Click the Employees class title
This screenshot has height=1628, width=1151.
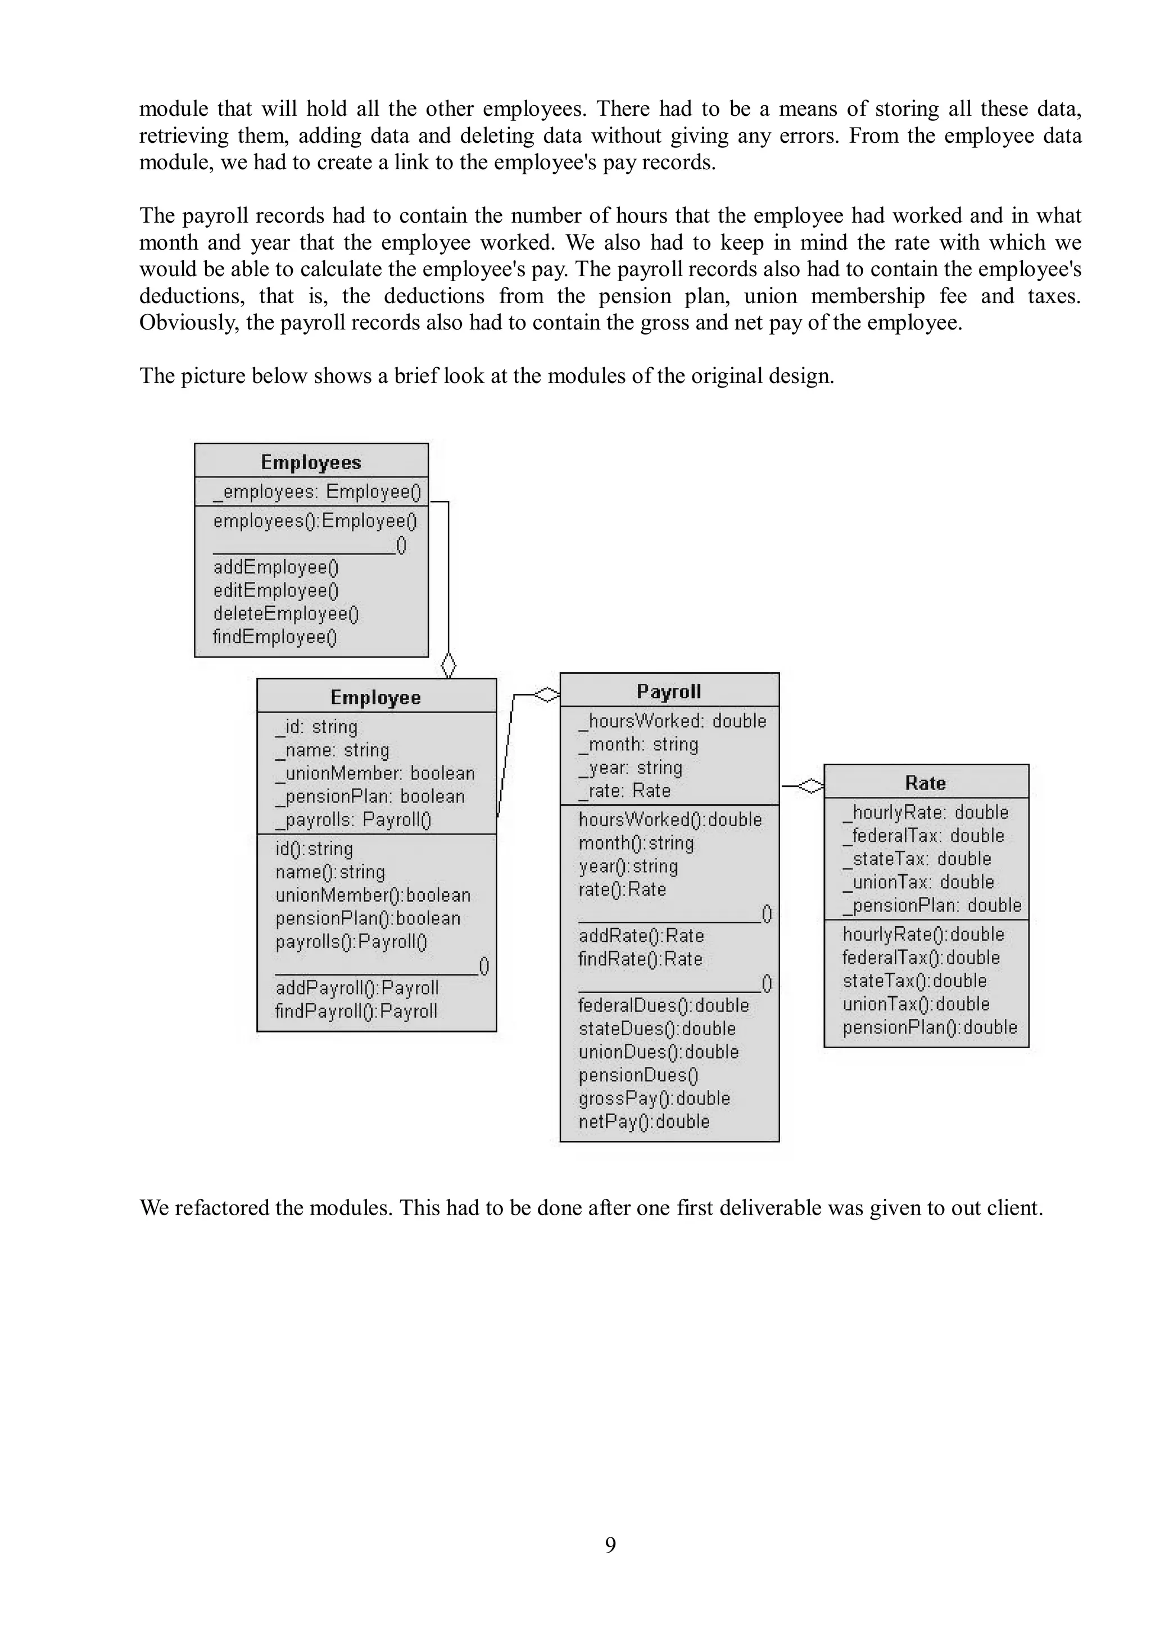[311, 462]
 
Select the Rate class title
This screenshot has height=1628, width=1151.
[925, 783]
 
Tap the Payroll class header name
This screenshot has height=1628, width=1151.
[669, 691]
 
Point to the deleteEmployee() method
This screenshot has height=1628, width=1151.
[286, 614]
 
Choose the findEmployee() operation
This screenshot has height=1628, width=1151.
[275, 637]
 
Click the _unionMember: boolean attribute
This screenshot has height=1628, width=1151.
[375, 773]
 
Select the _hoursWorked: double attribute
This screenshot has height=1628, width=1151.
[673, 720]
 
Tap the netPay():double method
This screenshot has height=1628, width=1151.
[644, 1121]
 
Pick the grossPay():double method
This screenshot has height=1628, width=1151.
[654, 1098]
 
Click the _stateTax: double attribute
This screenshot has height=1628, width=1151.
[917, 859]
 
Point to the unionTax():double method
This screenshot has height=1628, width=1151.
[916, 1003]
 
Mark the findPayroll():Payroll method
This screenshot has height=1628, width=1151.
[356, 1011]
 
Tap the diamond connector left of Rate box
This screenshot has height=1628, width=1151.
[810, 786]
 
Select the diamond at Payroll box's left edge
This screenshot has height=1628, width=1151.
[546, 695]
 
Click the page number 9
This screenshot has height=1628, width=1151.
[610, 1544]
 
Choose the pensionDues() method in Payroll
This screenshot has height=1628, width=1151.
[638, 1075]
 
